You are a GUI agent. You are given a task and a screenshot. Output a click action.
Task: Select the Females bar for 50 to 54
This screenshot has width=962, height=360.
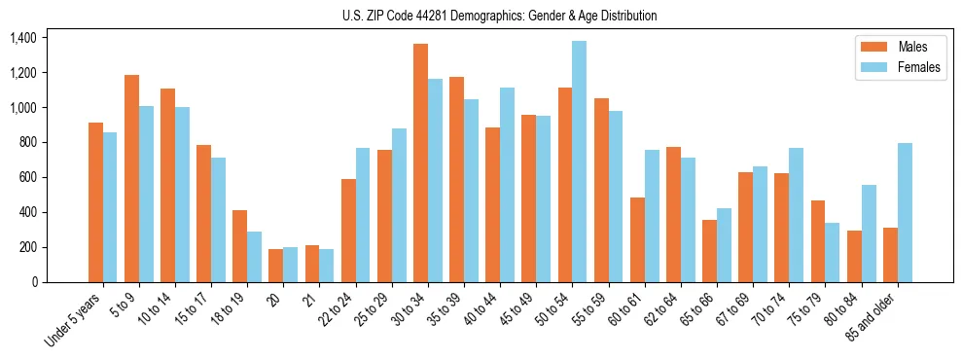pos(579,162)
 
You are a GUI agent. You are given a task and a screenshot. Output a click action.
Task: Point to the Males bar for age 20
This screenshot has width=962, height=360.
pos(276,266)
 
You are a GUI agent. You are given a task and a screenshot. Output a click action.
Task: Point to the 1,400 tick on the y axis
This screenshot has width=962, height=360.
pos(22,38)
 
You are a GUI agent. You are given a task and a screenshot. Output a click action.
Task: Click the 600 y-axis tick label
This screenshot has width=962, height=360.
pos(26,177)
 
